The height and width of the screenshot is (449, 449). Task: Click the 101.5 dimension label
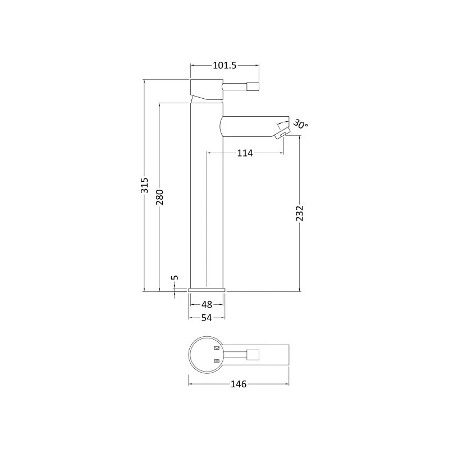point(224,66)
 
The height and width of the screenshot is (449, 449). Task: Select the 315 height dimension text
point(145,185)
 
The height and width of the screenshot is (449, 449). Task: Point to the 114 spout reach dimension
point(245,153)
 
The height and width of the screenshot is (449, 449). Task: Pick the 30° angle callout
point(300,125)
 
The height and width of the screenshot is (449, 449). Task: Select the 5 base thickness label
point(175,278)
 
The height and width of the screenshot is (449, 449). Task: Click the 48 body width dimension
point(207,305)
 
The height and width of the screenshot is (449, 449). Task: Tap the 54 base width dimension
point(207,318)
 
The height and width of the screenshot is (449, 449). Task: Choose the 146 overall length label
point(239,384)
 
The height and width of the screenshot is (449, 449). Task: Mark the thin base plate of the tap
point(207,289)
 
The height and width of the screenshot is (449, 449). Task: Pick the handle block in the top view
point(254,355)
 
